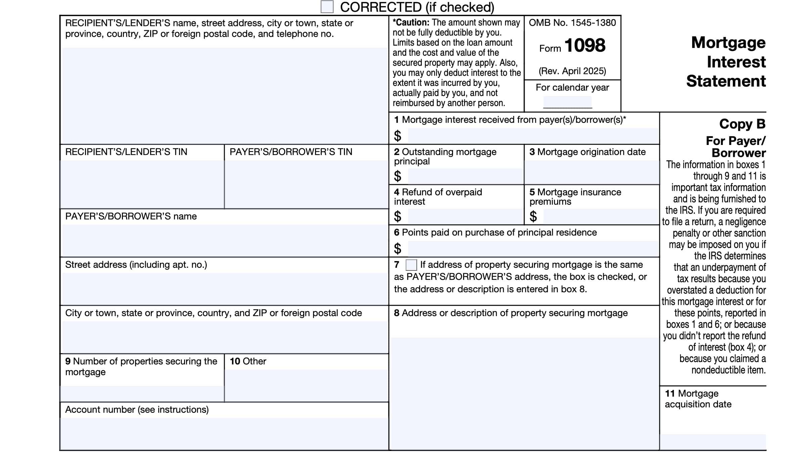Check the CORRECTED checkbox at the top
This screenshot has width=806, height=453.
pyautogui.click(x=327, y=7)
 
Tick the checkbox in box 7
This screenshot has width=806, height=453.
pyautogui.click(x=411, y=265)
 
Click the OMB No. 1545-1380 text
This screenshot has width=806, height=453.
pyautogui.click(x=572, y=23)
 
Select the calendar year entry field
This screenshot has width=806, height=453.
pyautogui.click(x=568, y=102)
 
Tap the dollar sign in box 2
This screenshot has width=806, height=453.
pyautogui.click(x=398, y=176)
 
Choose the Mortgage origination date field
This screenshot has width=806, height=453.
pyautogui.click(x=591, y=172)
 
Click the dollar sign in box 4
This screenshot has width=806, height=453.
pyautogui.click(x=398, y=216)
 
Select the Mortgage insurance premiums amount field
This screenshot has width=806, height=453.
pyautogui.click(x=600, y=216)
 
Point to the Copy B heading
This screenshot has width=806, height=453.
pyautogui.click(x=742, y=124)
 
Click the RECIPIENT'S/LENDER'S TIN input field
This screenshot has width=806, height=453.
pyautogui.click(x=142, y=184)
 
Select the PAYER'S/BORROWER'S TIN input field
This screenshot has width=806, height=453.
pyautogui.click(x=306, y=184)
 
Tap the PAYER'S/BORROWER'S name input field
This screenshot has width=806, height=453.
pyautogui.click(x=224, y=240)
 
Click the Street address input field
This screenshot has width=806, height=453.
pyautogui.click(x=224, y=289)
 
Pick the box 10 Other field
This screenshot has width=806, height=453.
pyautogui.click(x=306, y=385)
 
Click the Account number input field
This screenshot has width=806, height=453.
pyautogui.click(x=224, y=434)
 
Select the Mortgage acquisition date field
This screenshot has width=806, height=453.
pyautogui.click(x=713, y=442)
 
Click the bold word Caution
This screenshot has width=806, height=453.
pyautogui.click(x=412, y=22)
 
